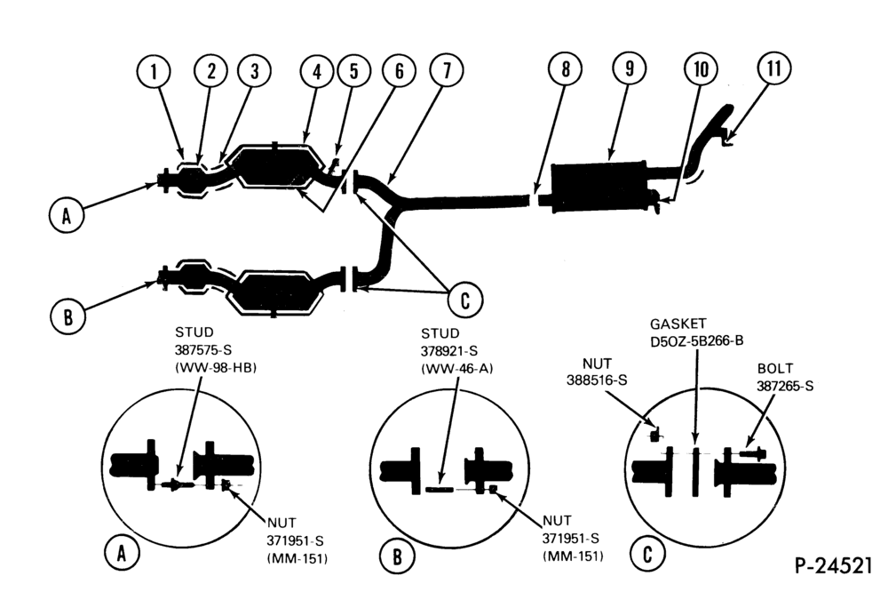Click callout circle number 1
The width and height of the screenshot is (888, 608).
pos(154,71)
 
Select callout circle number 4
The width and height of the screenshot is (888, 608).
pos(317,71)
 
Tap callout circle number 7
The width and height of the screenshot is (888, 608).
pos(447,70)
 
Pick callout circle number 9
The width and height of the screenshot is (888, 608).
pos(630,68)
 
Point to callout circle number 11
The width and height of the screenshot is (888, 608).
pos(774,68)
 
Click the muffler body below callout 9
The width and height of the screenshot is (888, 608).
pos(599,186)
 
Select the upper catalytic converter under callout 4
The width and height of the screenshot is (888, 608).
pos(274,165)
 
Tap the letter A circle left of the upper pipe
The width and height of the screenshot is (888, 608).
pos(67,215)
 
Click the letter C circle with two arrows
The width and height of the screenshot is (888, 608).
pos(465,300)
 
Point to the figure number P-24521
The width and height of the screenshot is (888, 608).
pos(833,565)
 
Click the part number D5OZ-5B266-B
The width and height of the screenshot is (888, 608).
pos(696,340)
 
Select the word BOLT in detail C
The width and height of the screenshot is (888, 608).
pos(775,368)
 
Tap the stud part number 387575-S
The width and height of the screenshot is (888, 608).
pos(203,349)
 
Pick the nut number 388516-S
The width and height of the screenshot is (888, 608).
pos(597,380)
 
